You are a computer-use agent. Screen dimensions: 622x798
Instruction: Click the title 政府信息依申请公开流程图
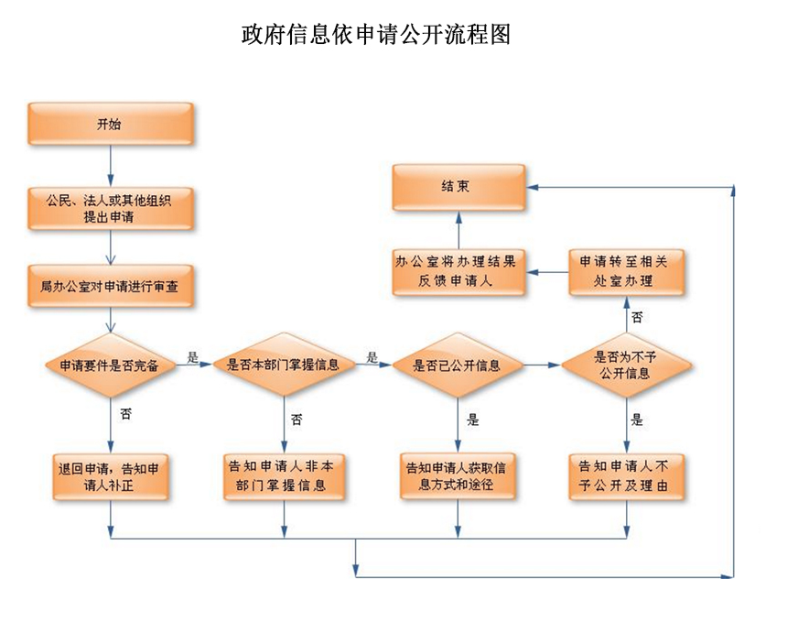pyautogui.click(x=375, y=35)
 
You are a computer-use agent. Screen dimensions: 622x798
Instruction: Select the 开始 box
pyautogui.click(x=110, y=124)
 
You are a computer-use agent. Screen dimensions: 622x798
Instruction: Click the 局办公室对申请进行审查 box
pyautogui.click(x=110, y=287)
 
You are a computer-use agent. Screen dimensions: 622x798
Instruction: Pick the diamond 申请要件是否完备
pyautogui.click(x=110, y=365)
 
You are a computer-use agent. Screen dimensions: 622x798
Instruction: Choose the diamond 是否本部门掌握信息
pyautogui.click(x=284, y=365)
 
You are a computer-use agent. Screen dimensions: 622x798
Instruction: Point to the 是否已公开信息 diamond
pyautogui.click(x=458, y=365)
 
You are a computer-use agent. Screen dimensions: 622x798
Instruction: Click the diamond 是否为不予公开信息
pyautogui.click(x=626, y=365)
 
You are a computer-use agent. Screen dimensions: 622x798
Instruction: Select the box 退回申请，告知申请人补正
pyautogui.click(x=110, y=475)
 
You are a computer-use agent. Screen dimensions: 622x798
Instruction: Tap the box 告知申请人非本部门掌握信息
pyautogui.click(x=284, y=475)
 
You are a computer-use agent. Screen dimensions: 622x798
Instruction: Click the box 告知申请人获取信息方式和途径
pyautogui.click(x=458, y=475)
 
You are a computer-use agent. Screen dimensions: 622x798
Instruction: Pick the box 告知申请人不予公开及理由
pyautogui.click(x=627, y=475)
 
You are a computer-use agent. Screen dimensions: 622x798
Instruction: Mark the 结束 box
pyautogui.click(x=458, y=187)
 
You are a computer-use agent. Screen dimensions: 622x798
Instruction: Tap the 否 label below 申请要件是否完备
pyautogui.click(x=125, y=414)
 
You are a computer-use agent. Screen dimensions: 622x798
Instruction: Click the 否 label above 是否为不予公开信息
pyautogui.click(x=637, y=316)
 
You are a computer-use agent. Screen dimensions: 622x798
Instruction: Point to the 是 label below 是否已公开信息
pyautogui.click(x=473, y=420)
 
